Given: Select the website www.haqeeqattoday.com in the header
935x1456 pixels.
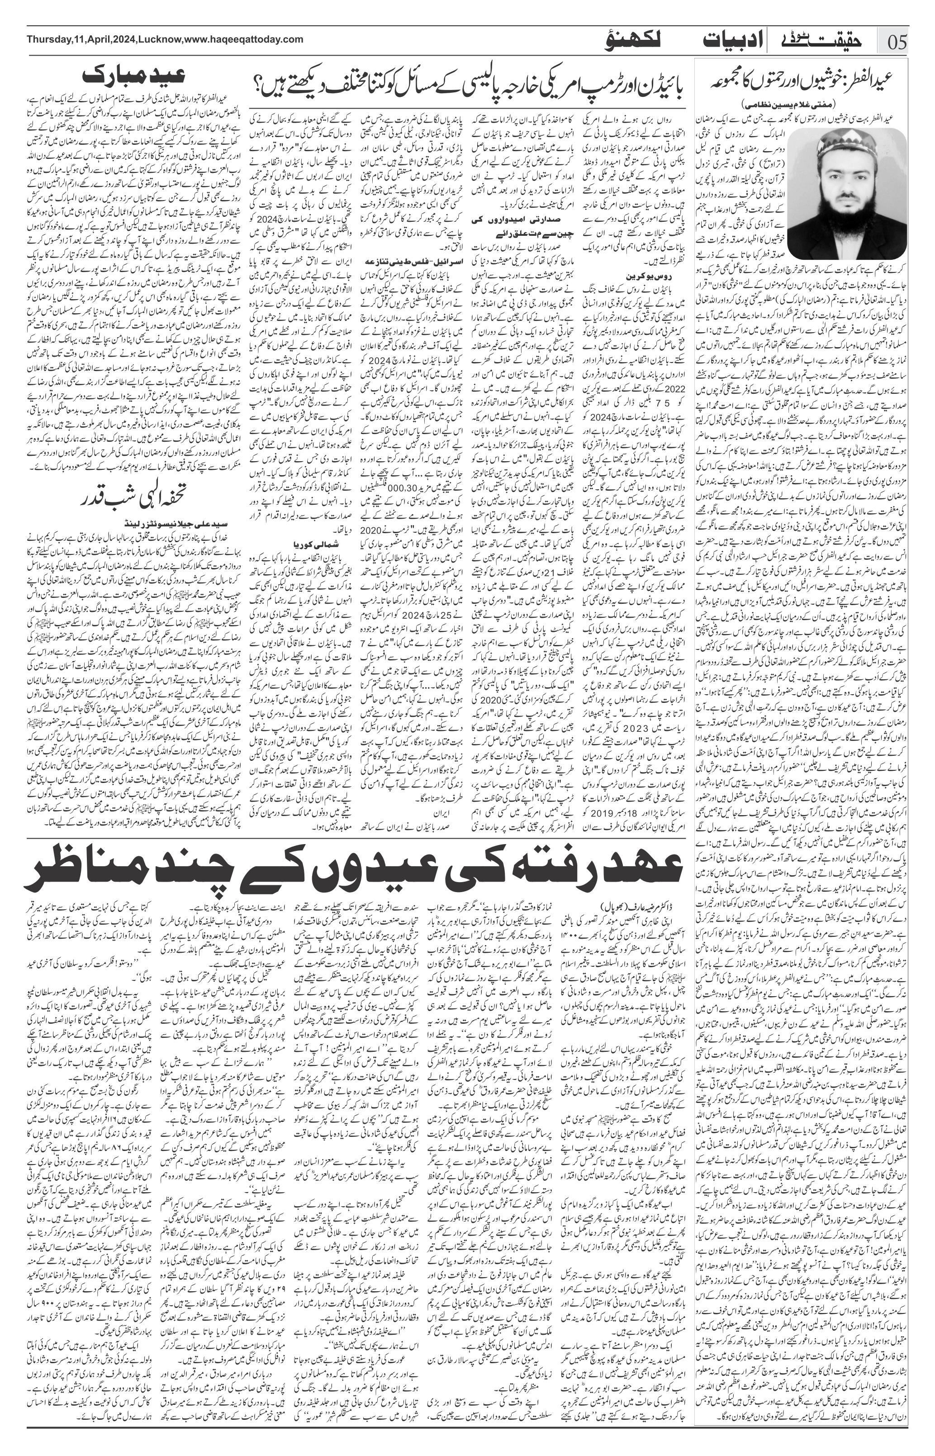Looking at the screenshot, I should coord(243,39).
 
